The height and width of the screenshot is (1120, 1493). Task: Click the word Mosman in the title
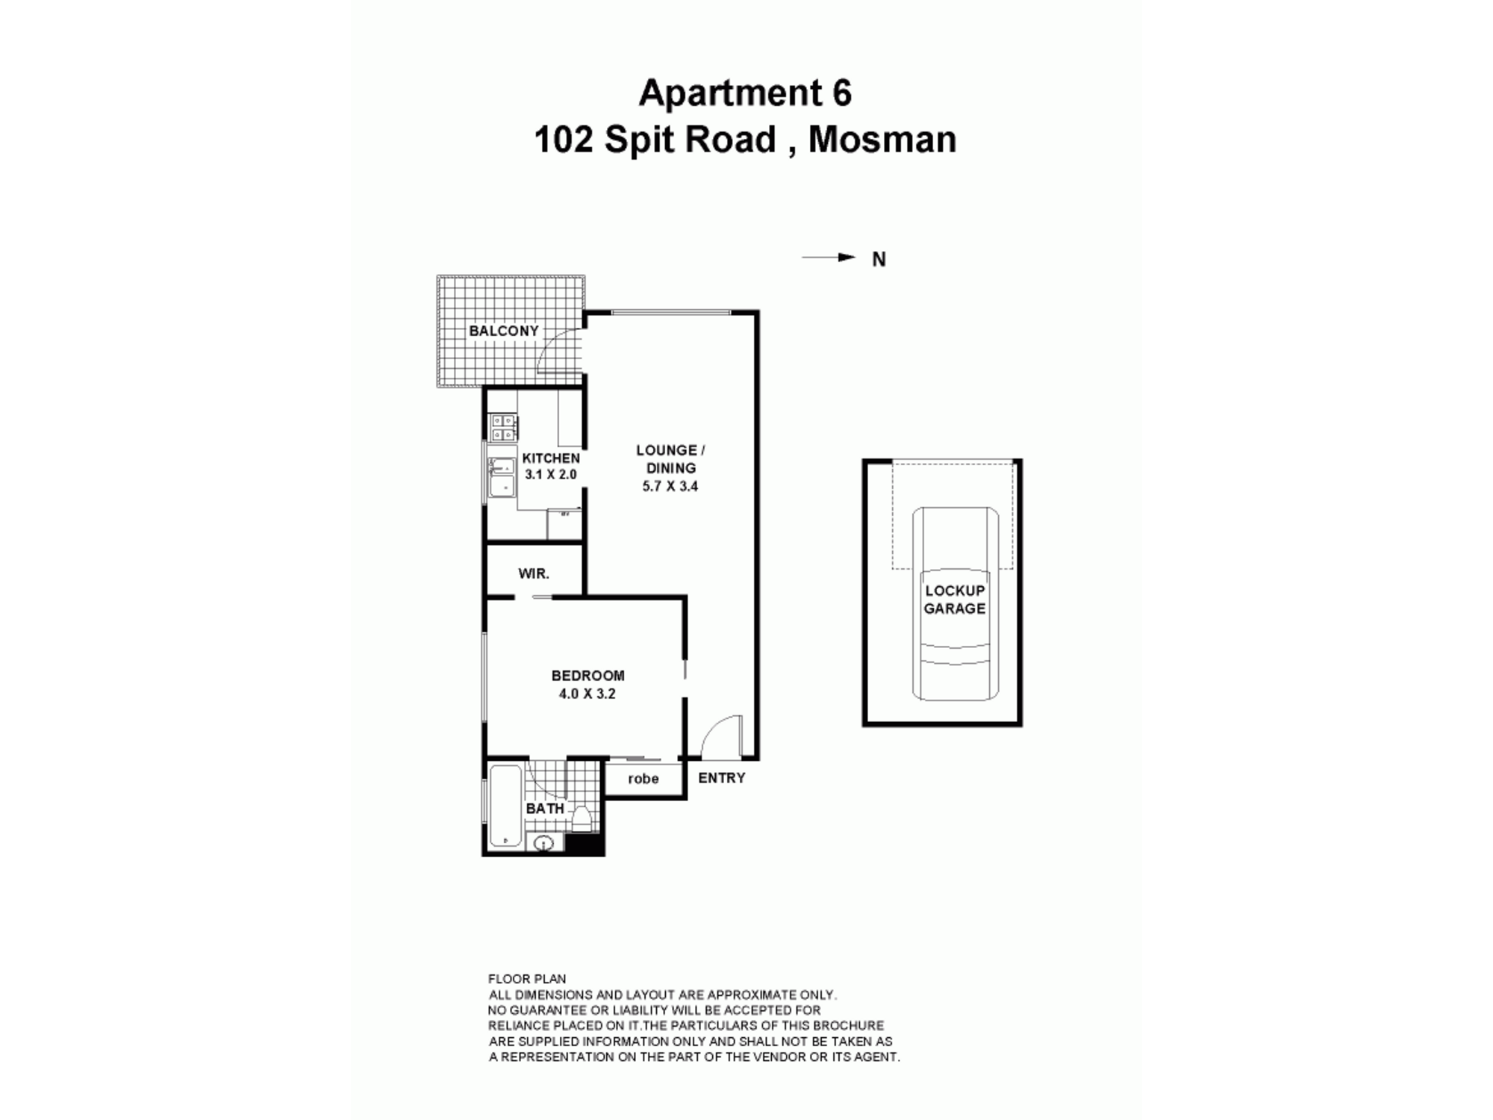[882, 140]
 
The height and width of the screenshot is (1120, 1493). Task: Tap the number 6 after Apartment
[841, 93]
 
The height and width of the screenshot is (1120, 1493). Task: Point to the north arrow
[829, 258]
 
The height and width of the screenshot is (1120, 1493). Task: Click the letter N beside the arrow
[879, 259]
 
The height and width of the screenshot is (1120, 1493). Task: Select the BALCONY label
[504, 331]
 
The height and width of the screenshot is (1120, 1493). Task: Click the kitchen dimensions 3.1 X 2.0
[551, 474]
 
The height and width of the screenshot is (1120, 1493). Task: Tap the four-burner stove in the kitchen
[503, 428]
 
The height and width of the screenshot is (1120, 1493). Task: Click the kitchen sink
[502, 477]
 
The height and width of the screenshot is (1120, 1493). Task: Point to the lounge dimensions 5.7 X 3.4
[670, 486]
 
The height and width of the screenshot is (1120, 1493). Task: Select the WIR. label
[534, 574]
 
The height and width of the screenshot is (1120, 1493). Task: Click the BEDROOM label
[588, 676]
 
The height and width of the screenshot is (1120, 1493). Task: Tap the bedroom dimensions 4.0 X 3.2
[587, 694]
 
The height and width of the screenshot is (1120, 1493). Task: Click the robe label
[643, 779]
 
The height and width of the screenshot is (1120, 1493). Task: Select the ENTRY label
[722, 778]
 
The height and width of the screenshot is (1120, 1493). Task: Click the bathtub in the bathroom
[506, 806]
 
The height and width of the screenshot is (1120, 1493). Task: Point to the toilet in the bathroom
[582, 819]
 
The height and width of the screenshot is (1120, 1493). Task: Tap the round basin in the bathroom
[544, 844]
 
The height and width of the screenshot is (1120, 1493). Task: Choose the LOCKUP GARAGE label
[955, 600]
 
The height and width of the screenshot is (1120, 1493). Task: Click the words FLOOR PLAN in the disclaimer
[527, 979]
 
